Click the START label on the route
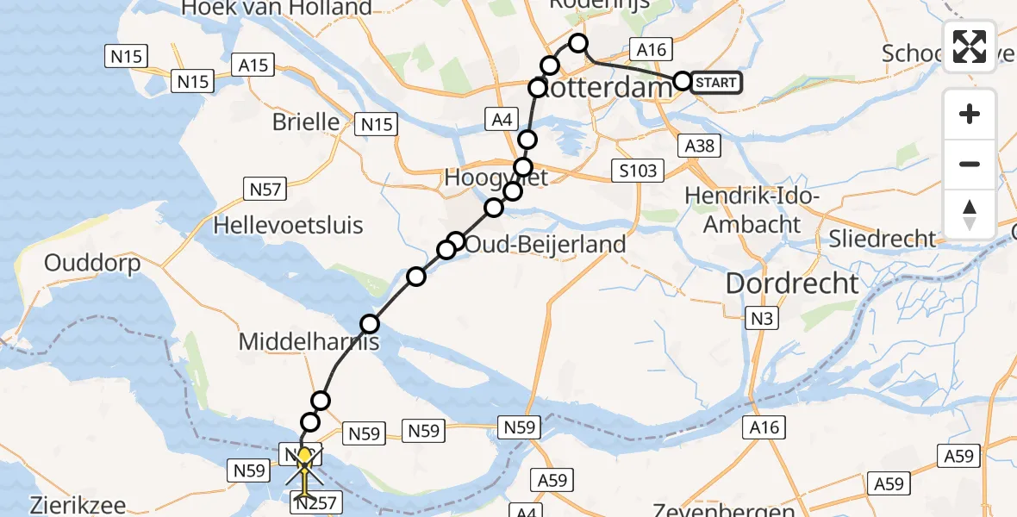715,82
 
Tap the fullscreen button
970,47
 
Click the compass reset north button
970,215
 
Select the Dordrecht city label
792,283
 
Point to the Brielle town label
306,121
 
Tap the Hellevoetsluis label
289,226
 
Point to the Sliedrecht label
883,238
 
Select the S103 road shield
637,171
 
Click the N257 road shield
316,502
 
